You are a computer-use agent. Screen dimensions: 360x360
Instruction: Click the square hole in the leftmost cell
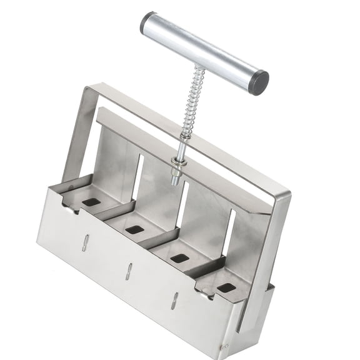91,202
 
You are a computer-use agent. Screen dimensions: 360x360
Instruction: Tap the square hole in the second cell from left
134,229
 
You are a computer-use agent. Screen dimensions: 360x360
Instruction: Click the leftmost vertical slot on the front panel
85,242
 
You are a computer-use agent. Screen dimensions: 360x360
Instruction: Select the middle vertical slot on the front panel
129,271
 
